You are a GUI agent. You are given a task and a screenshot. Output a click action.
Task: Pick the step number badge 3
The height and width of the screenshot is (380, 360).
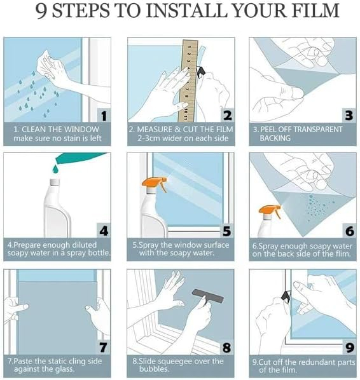tap(347, 115)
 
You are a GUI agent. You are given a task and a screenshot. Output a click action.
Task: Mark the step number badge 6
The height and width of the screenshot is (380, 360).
tap(347, 230)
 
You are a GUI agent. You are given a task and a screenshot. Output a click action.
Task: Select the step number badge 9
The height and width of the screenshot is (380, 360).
tap(347, 346)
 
